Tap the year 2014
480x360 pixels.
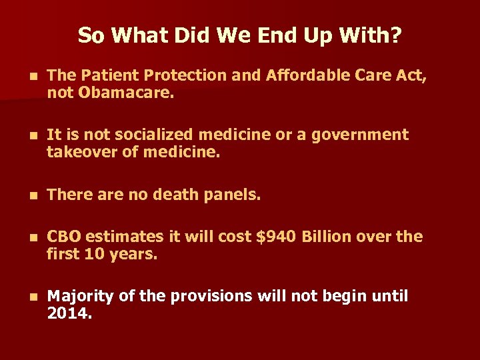click(69, 313)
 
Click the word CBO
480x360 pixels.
click(64, 237)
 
